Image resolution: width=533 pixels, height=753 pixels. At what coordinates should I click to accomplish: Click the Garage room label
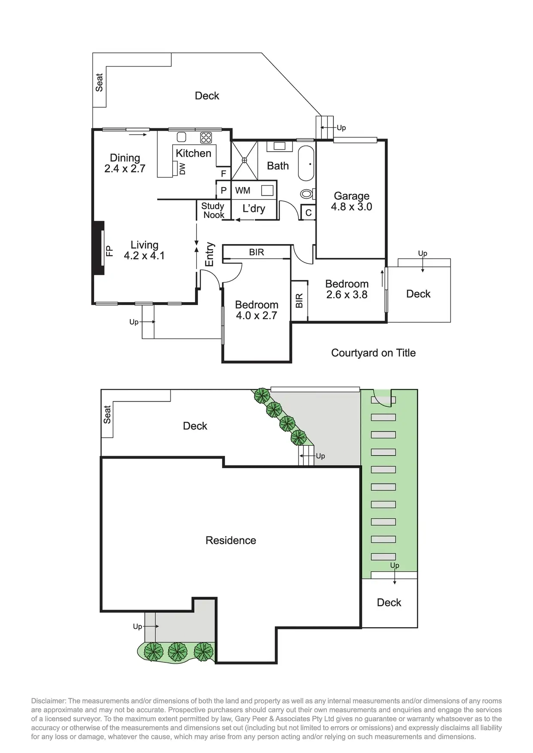[351, 197]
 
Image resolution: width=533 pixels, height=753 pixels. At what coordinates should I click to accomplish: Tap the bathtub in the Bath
[306, 164]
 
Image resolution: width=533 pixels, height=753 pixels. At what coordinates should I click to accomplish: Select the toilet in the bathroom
[307, 194]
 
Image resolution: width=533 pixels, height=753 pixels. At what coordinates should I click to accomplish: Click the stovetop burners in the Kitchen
[206, 137]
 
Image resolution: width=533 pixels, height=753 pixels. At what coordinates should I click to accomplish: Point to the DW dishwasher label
[182, 169]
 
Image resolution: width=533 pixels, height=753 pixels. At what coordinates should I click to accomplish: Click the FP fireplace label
[110, 251]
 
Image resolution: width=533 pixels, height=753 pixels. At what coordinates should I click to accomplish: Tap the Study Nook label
[213, 211]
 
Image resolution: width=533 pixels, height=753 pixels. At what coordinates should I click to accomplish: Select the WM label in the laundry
[243, 191]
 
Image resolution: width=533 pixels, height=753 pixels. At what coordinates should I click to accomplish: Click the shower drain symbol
[244, 160]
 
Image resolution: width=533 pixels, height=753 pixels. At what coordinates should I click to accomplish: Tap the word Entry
[210, 254]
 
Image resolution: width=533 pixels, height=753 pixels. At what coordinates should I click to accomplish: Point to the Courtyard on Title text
[373, 353]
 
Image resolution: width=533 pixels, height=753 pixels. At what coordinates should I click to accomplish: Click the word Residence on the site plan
[231, 541]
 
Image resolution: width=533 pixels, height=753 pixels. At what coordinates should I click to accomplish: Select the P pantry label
[223, 191]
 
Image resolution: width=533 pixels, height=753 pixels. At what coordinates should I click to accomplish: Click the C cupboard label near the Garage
[308, 213]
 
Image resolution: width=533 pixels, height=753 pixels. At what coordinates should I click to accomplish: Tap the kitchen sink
[182, 137]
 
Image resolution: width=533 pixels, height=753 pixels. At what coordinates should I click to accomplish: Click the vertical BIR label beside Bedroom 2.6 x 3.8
[299, 300]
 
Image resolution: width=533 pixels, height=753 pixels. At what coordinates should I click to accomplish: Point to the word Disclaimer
[49, 701]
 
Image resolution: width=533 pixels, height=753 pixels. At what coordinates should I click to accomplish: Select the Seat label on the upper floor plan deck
[99, 82]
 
